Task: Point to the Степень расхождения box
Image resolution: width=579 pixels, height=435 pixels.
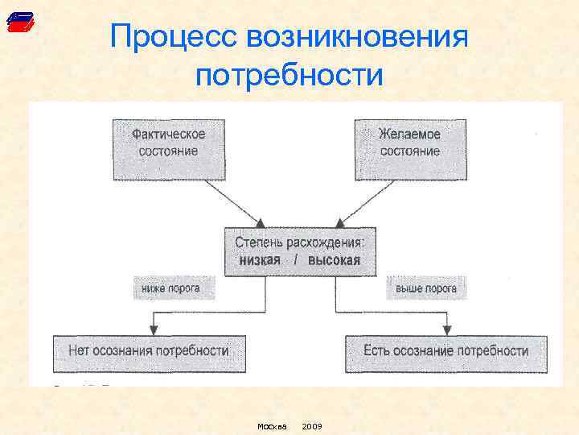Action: [x=299, y=251]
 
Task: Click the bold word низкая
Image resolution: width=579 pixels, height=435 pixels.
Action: [x=260, y=260]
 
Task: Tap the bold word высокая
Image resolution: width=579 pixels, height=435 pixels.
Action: [x=335, y=260]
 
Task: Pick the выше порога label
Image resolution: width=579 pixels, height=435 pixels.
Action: [x=425, y=288]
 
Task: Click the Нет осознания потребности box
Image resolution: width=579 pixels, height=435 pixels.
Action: [x=149, y=352]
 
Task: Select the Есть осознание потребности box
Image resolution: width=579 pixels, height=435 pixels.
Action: [x=446, y=352]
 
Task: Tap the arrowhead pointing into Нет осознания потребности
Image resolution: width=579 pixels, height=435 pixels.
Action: [x=151, y=328]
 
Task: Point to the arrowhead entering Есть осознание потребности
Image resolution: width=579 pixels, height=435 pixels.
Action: [x=447, y=328]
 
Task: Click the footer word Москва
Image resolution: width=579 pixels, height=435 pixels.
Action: [x=272, y=425]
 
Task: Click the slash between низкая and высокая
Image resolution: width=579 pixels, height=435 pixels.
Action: [x=295, y=260]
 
